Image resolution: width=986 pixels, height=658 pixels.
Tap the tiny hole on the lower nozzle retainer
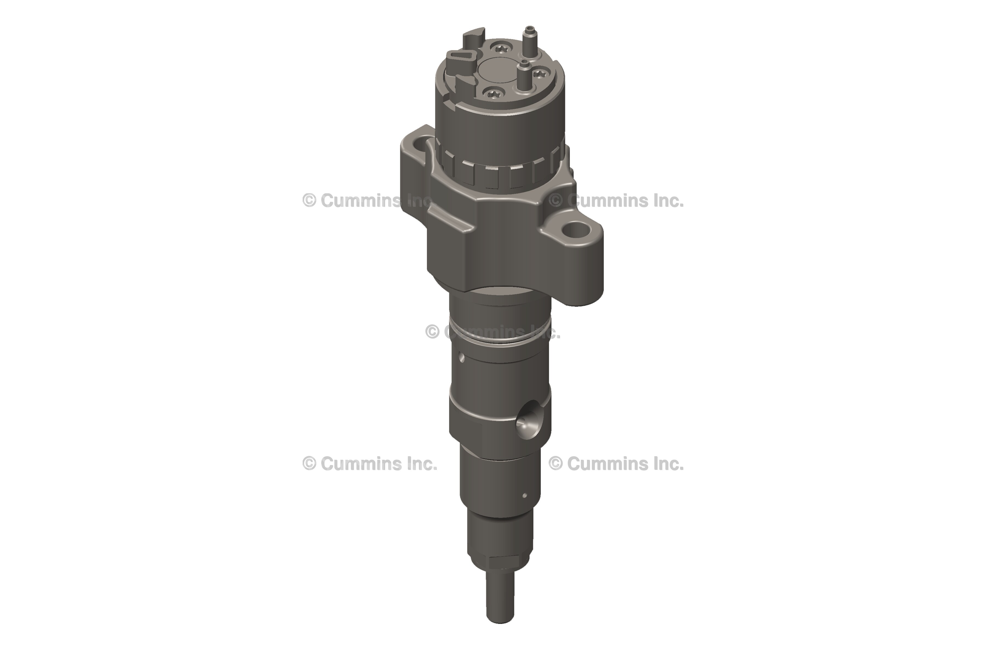click(524, 496)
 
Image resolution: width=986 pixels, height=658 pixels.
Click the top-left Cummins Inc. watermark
click(369, 201)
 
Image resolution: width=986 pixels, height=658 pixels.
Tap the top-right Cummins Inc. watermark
click(616, 201)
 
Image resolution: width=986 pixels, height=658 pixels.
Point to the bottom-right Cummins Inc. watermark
click(616, 464)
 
